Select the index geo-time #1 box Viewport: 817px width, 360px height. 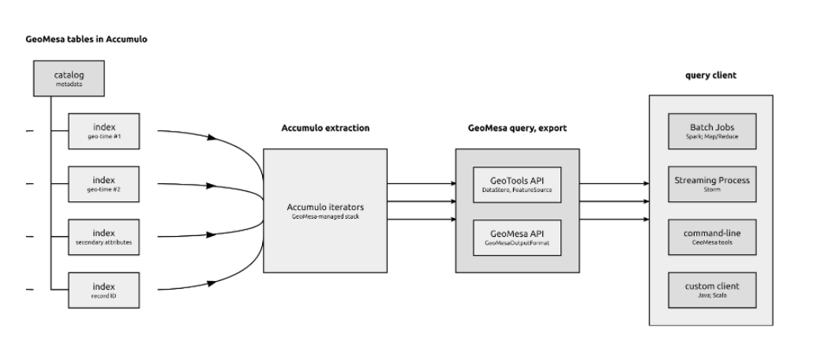click(104, 129)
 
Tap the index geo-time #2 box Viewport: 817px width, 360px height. click(104, 182)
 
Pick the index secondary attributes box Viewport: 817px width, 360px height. click(104, 236)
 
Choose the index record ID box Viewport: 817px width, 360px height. click(104, 288)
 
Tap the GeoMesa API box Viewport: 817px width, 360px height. click(518, 237)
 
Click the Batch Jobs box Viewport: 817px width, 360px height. click(712, 129)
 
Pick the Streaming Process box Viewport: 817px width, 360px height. click(712, 183)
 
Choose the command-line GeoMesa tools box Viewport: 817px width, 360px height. click(712, 236)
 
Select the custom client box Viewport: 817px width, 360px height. click(712, 289)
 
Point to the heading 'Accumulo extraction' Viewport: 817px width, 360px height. click(325, 127)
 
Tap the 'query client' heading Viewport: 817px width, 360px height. click(712, 76)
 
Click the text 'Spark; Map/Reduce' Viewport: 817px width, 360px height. click(712, 136)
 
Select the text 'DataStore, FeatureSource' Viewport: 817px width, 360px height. click(518, 189)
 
